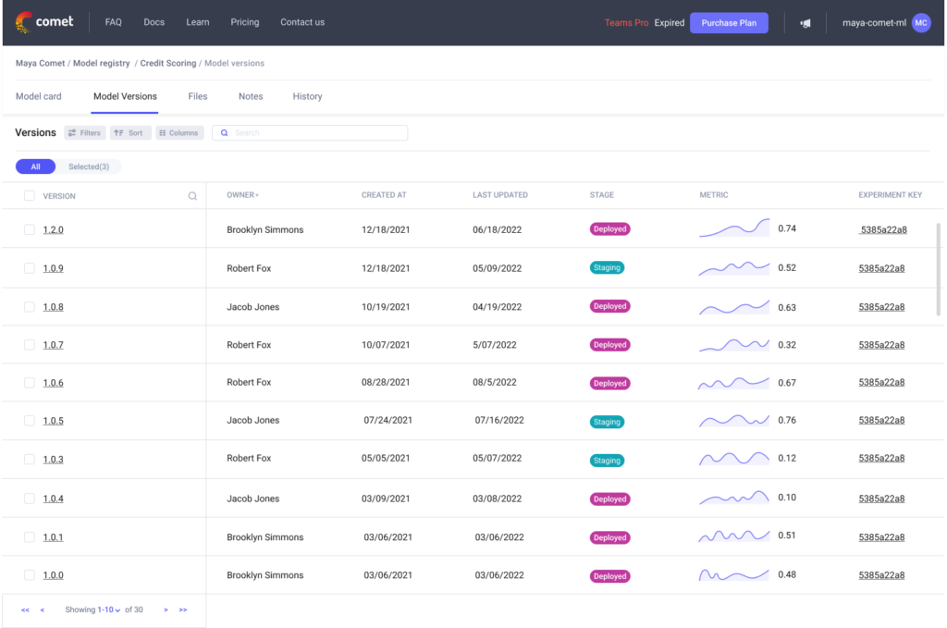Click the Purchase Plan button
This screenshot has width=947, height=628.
point(729,22)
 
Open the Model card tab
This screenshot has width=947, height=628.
point(39,96)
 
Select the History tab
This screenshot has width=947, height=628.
point(307,96)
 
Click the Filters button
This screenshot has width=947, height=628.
point(84,133)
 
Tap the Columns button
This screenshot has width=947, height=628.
point(178,133)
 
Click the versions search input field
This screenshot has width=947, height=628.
point(314,133)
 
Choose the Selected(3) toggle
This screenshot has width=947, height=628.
point(89,166)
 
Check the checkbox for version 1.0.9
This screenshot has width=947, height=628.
point(30,268)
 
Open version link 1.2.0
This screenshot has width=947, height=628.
point(53,229)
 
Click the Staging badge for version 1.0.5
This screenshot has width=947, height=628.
point(607,422)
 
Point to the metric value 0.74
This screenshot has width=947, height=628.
point(787,228)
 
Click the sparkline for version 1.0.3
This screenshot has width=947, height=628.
point(733,459)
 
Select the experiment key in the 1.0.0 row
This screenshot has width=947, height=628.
point(881,575)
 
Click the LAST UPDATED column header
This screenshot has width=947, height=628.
point(499,195)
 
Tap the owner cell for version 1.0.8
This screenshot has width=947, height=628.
point(252,307)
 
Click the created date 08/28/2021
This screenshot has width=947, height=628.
point(385,382)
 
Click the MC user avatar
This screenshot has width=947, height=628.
point(920,23)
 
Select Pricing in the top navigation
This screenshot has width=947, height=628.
point(244,22)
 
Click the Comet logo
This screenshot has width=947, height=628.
point(44,21)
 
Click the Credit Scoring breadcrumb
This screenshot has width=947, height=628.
point(168,64)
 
